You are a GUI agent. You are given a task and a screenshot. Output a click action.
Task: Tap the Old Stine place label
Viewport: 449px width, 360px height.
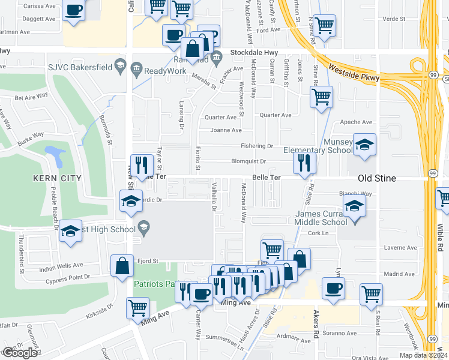379,179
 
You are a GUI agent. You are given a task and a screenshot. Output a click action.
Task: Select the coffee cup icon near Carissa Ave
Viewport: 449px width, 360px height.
73,11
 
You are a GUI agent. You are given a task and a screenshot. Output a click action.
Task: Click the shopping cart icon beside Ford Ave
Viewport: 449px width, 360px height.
324,26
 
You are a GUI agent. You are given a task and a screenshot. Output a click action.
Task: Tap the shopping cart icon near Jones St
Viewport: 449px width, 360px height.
322,96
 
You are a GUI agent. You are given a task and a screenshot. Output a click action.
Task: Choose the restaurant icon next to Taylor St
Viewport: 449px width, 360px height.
142,164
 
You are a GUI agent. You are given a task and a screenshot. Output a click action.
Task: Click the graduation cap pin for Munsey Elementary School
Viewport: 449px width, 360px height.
364,145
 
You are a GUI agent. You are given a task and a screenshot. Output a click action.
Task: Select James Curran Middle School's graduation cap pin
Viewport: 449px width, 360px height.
355,207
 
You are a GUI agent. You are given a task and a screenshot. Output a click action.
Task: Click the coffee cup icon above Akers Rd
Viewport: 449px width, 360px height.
333,288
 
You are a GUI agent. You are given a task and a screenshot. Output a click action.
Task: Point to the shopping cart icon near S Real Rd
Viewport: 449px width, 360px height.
372,295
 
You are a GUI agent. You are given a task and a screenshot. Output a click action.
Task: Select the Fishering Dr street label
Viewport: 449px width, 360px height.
257,146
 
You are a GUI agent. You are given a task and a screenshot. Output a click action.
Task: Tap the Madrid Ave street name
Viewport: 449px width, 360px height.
400,274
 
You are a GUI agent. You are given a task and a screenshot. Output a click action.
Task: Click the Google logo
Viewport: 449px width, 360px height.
19,352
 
